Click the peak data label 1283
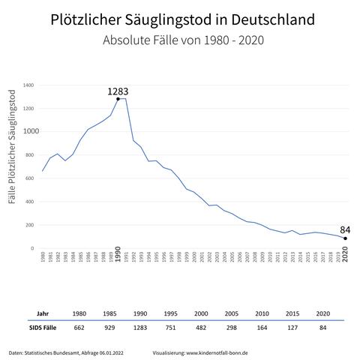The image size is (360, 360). (x=118, y=91)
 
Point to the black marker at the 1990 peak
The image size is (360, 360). (x=118, y=99)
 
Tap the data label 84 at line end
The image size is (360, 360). (x=345, y=229)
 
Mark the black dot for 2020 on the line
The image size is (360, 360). (x=345, y=238)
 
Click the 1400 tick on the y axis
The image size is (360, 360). (x=28, y=85)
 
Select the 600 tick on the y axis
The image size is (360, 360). (x=30, y=178)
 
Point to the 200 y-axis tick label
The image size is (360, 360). (x=30, y=225)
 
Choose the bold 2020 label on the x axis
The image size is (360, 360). (x=345, y=259)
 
